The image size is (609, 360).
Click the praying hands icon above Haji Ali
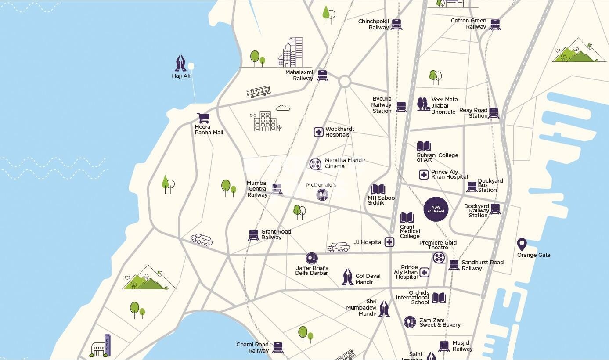point(180,63)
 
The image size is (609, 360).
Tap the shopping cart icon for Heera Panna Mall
point(203,118)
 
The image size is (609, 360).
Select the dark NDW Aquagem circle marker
point(436,209)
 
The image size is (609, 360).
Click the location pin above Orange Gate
point(522,245)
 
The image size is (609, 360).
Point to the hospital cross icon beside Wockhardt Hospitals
point(318,132)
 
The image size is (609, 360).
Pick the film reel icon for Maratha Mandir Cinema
point(315,164)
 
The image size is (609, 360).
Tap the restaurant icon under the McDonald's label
point(322,194)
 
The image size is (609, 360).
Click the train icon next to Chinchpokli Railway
point(396,24)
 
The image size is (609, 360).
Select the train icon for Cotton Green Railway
point(495,24)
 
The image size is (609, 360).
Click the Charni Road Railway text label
point(252,348)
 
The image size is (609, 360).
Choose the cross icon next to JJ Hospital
point(389,242)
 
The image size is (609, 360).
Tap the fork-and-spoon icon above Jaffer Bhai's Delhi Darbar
point(311,259)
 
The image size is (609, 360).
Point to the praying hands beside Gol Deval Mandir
point(348,277)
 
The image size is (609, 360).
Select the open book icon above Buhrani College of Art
point(424,146)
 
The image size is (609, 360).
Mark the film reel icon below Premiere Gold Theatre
point(439,258)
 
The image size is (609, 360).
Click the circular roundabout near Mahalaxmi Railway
point(345,81)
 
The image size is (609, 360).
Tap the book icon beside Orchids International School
point(438,298)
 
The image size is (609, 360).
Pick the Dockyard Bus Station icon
point(472,187)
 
